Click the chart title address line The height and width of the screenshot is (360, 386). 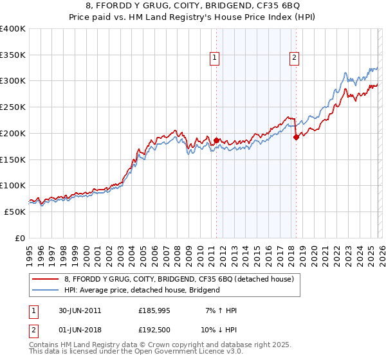coord(193,7)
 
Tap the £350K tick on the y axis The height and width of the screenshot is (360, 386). coord(13,55)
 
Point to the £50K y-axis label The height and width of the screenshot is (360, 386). coord(15,212)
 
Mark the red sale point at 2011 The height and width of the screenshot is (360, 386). coord(217,140)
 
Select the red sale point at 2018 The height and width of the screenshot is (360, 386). coord(296,137)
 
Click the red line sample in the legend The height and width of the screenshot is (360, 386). coord(45,279)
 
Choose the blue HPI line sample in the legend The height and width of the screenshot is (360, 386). coord(45,290)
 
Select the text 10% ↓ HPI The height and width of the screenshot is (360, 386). coord(218,331)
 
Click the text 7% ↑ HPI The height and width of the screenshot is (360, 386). coord(218,310)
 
